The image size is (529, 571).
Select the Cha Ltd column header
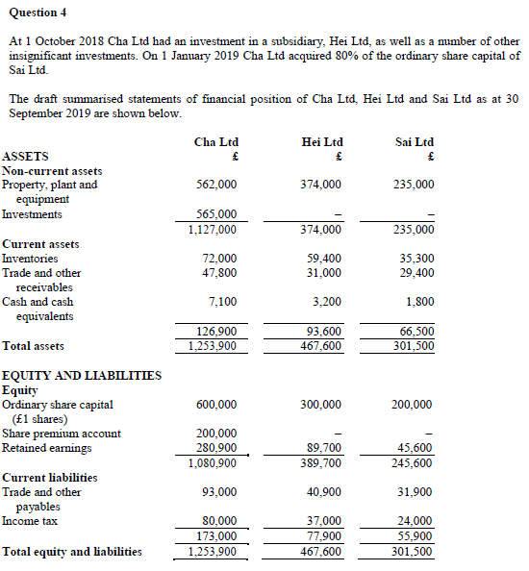[x=215, y=141]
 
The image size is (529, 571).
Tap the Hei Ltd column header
[x=321, y=141]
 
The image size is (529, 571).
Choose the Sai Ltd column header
[x=415, y=141]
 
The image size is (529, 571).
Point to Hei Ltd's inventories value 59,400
[x=322, y=259]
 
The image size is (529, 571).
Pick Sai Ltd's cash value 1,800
[x=419, y=302]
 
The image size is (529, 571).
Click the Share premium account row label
[x=62, y=434]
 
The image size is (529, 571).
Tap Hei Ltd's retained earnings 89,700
[x=323, y=448]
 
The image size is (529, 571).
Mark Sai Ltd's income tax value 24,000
[x=416, y=522]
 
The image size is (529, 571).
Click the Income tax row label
[x=29, y=521]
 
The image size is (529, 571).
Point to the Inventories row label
[x=30, y=259]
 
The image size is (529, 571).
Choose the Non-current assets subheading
[x=52, y=170]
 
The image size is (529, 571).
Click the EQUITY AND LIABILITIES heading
[x=82, y=375]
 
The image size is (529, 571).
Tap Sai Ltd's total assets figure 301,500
[x=415, y=346]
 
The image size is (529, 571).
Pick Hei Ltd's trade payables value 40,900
[x=321, y=492]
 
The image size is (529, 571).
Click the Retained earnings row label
[x=47, y=448]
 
